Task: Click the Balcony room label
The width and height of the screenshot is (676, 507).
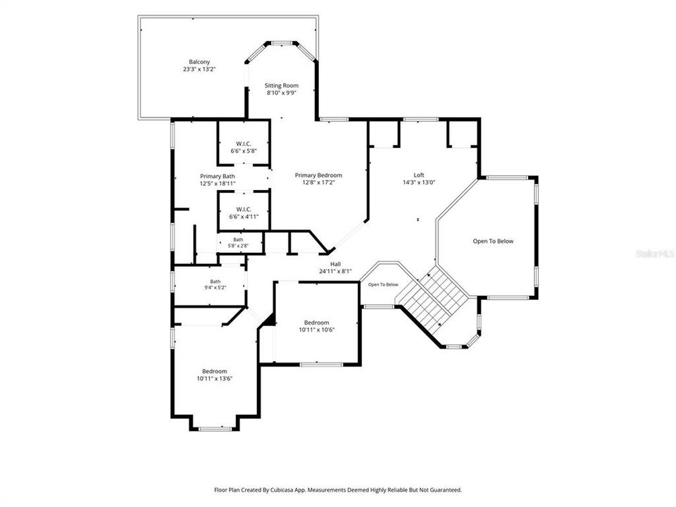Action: [199, 62]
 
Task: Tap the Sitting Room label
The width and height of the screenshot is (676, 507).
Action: [282, 85]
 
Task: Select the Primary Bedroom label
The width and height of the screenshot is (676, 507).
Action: [318, 175]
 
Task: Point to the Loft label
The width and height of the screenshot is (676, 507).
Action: [419, 175]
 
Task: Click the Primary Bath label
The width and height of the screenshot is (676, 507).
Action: [218, 176]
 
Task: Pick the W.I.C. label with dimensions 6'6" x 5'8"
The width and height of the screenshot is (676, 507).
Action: [244, 147]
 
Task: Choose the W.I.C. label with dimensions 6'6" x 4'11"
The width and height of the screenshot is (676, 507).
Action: [244, 213]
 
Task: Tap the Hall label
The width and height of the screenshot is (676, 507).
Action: [335, 264]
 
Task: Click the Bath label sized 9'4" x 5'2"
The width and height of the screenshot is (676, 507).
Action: [215, 284]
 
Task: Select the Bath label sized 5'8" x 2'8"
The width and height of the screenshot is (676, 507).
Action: [239, 243]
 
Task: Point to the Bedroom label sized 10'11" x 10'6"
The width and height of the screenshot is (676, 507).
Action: [317, 326]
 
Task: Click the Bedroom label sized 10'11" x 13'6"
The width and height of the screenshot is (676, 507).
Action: [215, 375]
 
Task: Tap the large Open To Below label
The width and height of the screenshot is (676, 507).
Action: [493, 241]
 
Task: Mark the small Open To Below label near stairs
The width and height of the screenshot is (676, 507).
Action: [383, 284]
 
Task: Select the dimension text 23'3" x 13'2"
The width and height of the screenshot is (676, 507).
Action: [199, 69]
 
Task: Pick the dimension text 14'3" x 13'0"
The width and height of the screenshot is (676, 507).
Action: [419, 182]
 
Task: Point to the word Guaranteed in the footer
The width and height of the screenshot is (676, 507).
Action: [448, 490]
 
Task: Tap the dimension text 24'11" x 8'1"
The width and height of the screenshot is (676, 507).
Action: [335, 271]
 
